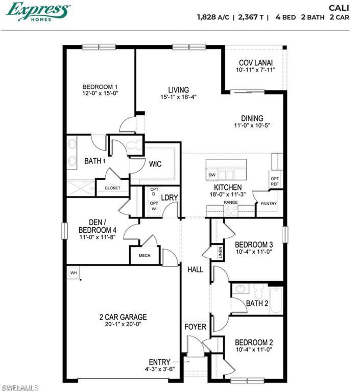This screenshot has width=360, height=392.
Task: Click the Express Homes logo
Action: point(38,12)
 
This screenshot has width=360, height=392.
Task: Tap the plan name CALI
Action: point(339,7)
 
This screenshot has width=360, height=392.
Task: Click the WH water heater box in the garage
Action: point(74,273)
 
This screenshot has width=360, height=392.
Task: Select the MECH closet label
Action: point(145,255)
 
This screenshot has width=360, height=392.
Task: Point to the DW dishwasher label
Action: point(212,175)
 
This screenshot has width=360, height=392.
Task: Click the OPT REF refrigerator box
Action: point(274,181)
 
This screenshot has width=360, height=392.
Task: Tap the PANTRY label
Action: point(269,204)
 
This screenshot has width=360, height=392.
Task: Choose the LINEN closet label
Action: point(220,252)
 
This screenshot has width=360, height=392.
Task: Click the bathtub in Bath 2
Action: point(276,300)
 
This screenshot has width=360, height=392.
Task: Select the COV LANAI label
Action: point(256,63)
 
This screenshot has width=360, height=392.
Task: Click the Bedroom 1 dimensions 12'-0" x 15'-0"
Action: point(101,94)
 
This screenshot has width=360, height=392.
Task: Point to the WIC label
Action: point(156,165)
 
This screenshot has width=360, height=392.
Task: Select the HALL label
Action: point(195,269)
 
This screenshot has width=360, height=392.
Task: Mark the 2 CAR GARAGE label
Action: point(123,316)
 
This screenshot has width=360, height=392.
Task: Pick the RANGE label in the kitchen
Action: point(231,203)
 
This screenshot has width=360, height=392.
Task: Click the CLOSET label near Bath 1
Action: point(112,188)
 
